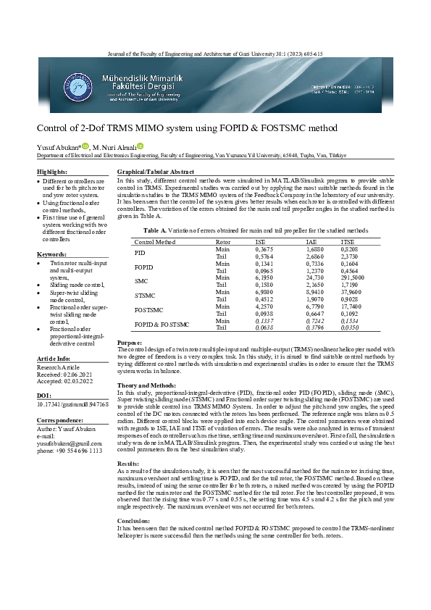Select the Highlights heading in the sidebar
coord(52,172)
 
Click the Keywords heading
coord(51,255)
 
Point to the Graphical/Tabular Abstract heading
coord(155,172)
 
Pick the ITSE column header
coord(348,241)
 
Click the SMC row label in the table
coord(141,280)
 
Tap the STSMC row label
coord(145,296)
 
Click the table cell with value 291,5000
coord(353,277)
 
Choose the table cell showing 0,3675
coord(266,249)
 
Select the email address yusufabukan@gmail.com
coord(70,443)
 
